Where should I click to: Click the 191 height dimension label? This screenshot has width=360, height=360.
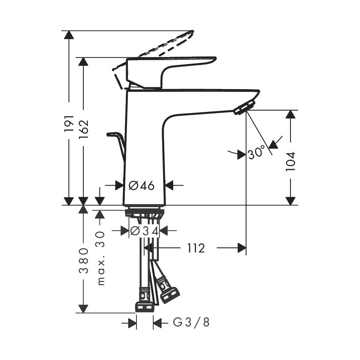[x=69, y=124]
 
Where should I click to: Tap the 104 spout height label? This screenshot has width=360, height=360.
[x=290, y=162]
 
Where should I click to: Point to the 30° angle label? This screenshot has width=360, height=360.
[x=257, y=153]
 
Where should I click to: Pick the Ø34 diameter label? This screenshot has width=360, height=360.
[x=144, y=231]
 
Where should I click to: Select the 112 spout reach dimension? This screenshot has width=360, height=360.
[x=196, y=248]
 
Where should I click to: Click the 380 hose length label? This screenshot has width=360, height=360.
[x=84, y=260]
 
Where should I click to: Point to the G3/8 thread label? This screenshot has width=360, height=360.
[x=191, y=323]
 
